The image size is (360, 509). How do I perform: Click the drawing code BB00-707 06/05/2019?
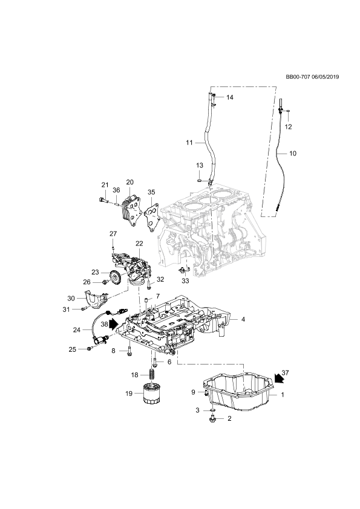click(312, 77)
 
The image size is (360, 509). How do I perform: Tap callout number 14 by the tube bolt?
click(230, 97)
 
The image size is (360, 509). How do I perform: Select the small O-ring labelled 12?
click(288, 112)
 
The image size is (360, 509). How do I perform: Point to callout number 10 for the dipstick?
click(293, 153)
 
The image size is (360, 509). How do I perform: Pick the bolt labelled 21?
click(103, 200)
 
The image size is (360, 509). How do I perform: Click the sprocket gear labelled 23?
click(114, 277)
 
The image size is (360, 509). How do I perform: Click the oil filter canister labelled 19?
click(150, 393)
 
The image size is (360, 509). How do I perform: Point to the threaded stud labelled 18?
click(151, 375)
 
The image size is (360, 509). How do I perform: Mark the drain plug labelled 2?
click(212, 419)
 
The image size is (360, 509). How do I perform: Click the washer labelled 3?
click(212, 410)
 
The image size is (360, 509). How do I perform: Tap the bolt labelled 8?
click(129, 351)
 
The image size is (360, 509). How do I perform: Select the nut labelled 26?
click(105, 282)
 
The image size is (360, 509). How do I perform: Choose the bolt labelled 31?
click(85, 309)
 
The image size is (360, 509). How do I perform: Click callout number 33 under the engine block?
click(185, 281)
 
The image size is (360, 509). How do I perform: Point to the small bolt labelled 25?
click(90, 349)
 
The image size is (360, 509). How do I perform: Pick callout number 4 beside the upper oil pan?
click(243, 319)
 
